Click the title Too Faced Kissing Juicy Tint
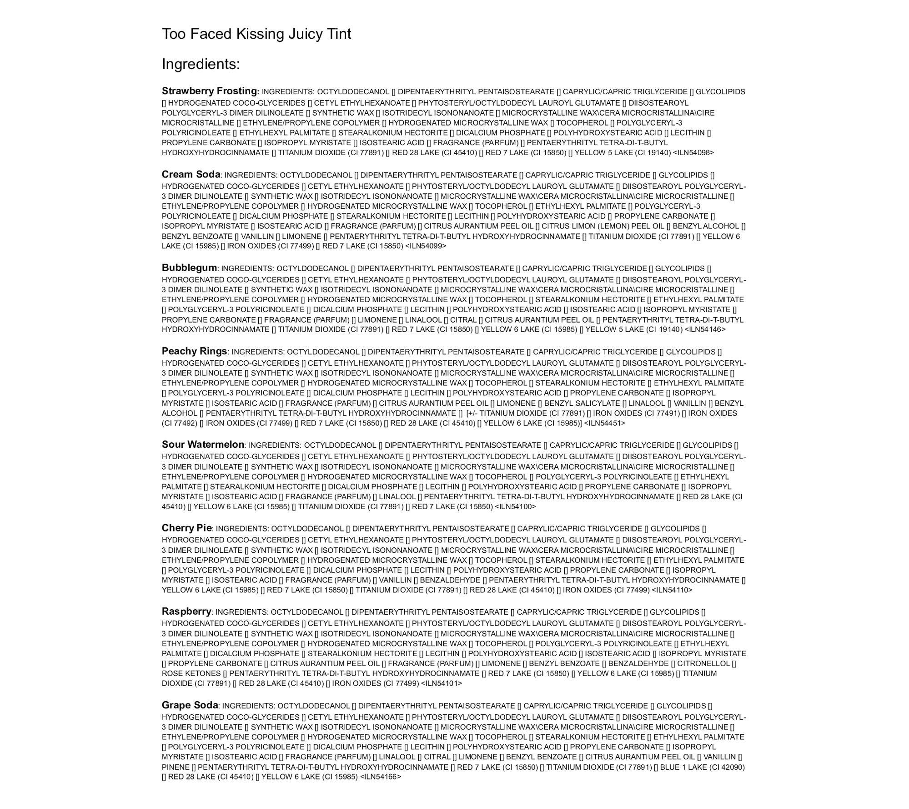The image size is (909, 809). click(x=256, y=34)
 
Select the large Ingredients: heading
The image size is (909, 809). click(x=201, y=64)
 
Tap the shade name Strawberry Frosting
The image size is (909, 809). click(x=209, y=91)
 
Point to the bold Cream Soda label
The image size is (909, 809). click(x=191, y=174)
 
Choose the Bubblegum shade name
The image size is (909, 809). click(x=189, y=268)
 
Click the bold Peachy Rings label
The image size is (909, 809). click(x=194, y=351)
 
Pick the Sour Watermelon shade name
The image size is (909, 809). click(x=203, y=444)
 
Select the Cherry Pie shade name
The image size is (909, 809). click(x=186, y=528)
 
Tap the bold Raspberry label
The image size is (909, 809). click(x=186, y=611)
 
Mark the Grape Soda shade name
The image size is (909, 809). click(x=190, y=705)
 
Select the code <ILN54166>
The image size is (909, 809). click(x=381, y=777)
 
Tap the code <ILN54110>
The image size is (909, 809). click(x=672, y=590)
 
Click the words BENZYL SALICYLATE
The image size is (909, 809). click(x=582, y=403)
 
